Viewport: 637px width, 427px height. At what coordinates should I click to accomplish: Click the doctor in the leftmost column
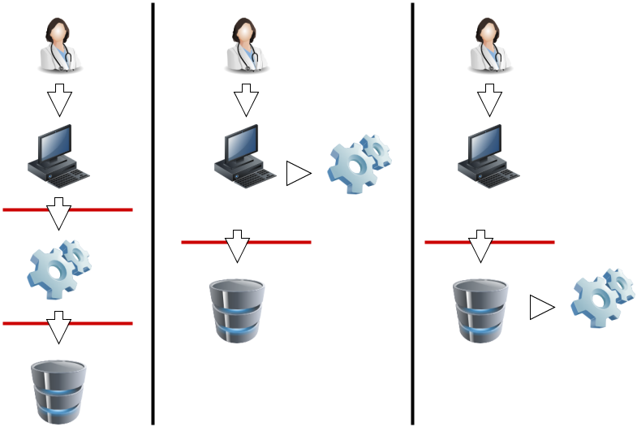click(x=59, y=45)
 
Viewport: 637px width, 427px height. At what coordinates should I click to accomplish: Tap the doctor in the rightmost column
click(x=489, y=45)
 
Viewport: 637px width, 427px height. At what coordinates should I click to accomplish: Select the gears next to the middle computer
click(x=359, y=163)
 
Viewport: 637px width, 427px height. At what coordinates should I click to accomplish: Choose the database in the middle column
click(x=237, y=309)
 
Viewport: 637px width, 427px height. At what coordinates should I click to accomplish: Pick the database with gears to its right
click(x=480, y=309)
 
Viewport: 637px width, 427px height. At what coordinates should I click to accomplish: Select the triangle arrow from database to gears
click(x=541, y=307)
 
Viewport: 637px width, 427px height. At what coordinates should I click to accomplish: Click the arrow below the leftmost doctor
click(x=59, y=101)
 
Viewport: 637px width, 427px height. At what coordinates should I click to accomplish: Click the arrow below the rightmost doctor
click(x=489, y=101)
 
